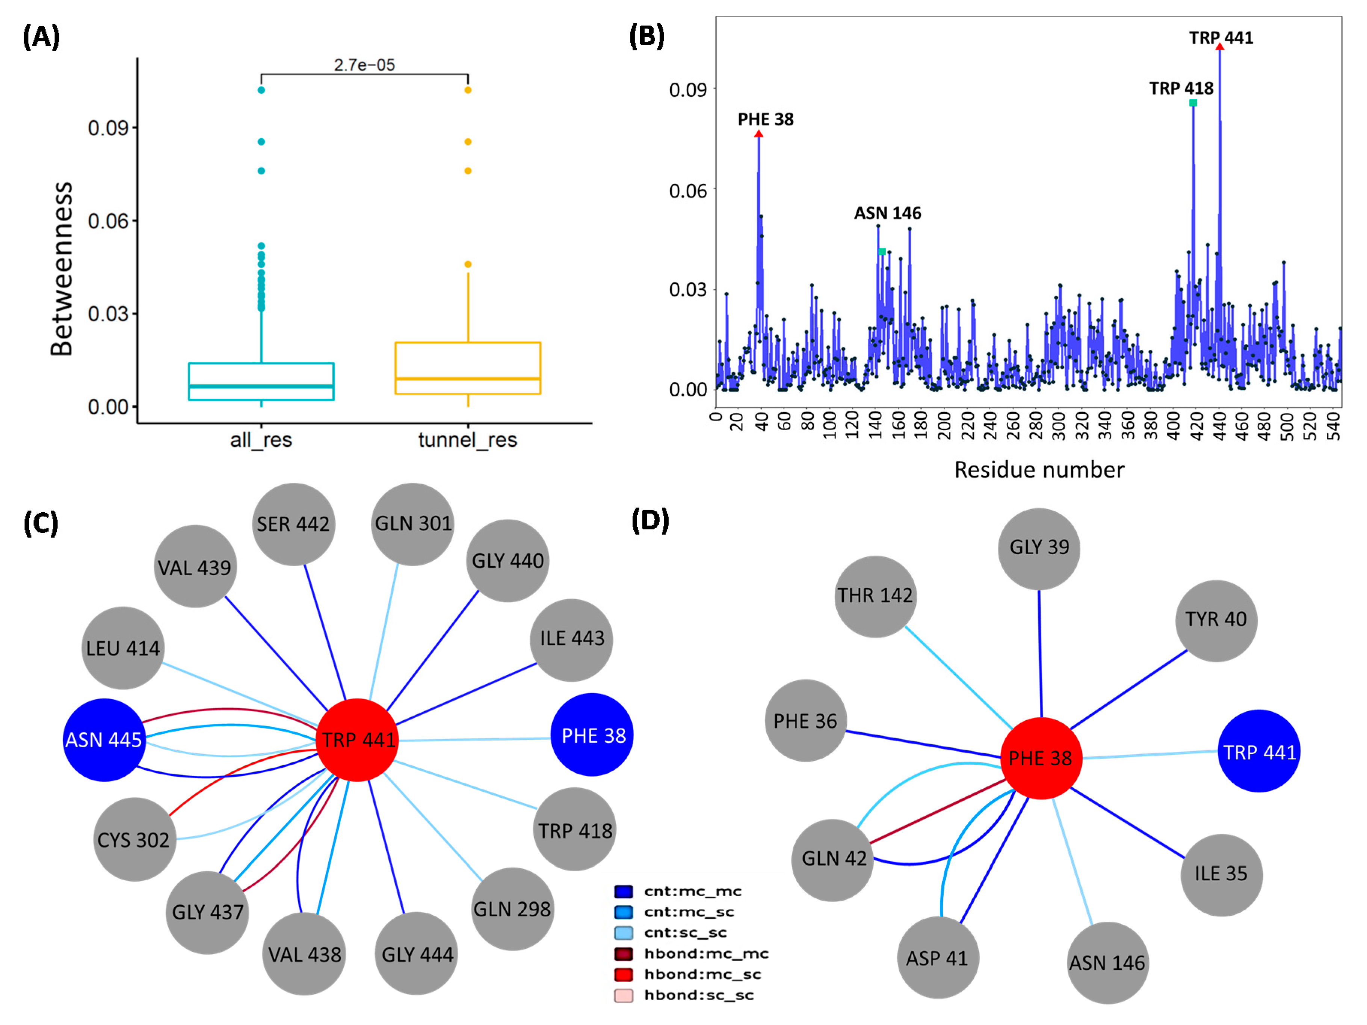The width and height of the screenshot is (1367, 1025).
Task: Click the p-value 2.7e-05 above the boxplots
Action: pos(364,65)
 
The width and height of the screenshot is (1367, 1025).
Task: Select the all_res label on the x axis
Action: pos(261,440)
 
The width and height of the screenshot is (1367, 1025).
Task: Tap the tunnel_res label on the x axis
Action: pos(467,440)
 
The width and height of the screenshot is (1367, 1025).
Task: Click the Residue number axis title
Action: pos(1039,470)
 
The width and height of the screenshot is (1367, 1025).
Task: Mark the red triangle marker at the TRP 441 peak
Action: pos(1219,46)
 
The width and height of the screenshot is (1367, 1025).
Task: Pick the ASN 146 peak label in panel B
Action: pos(887,213)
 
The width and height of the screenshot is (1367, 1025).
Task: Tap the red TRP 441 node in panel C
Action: pos(357,739)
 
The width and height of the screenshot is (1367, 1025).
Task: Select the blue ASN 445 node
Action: pos(104,739)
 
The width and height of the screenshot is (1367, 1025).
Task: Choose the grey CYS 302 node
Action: pos(134,839)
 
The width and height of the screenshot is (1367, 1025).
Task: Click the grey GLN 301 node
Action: pos(413,524)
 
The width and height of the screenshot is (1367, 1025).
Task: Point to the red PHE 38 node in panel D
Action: pos(1041,758)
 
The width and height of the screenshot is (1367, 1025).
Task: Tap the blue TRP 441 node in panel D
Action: pos(1259,752)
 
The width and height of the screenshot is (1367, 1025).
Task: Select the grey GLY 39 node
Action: pos(1039,548)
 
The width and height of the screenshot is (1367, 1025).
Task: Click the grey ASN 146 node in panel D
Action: pos(1107,963)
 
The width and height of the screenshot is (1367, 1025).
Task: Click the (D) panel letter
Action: pos(650,520)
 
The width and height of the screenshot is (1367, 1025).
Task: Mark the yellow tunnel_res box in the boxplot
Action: pos(467,368)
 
